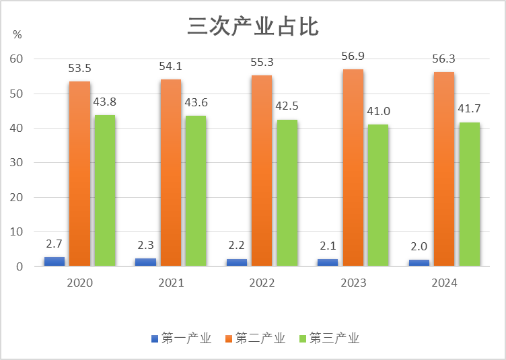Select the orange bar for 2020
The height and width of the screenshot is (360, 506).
pyautogui.click(x=79, y=174)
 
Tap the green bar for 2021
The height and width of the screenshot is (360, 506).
pyautogui.click(x=195, y=191)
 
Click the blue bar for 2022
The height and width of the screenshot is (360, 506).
pyautogui.click(x=237, y=262)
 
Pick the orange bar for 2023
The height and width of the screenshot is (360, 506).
pyautogui.click(x=353, y=168)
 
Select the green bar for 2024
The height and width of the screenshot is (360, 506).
pyautogui.click(x=469, y=194)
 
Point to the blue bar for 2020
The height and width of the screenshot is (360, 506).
pyautogui.click(x=55, y=261)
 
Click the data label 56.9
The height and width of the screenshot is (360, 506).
pyautogui.click(x=353, y=56)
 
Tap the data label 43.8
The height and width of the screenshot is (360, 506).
pyautogui.click(x=104, y=102)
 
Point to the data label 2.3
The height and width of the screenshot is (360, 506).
pyautogui.click(x=145, y=245)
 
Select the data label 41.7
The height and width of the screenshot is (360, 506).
pyautogui.click(x=468, y=109)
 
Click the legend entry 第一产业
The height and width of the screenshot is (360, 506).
pyautogui.click(x=181, y=338)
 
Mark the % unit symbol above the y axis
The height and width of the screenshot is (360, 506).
pyautogui.click(x=17, y=34)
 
